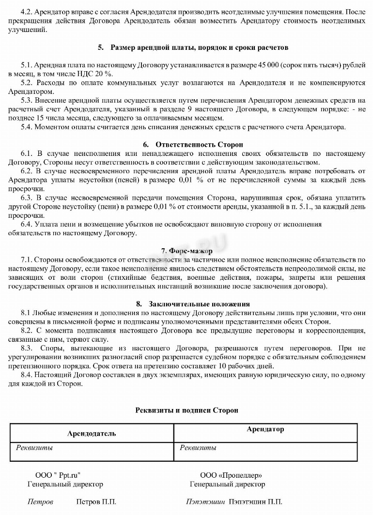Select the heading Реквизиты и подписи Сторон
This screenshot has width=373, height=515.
186,410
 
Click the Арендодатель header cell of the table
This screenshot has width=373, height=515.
92,433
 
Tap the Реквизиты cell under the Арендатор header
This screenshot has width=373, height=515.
198,448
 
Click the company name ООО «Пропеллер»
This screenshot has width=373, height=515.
231,475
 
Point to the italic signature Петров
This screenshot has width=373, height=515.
40,502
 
